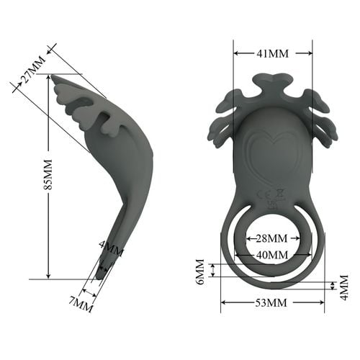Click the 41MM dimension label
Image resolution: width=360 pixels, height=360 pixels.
pos(273,53)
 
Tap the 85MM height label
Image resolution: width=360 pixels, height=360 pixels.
pos(48,174)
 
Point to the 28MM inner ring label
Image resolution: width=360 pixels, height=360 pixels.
pos(272,238)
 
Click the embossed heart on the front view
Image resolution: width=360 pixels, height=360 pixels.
pos(271,152)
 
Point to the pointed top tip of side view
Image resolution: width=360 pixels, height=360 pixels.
pos(55,76)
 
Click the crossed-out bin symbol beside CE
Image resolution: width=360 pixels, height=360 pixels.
pos(280,192)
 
